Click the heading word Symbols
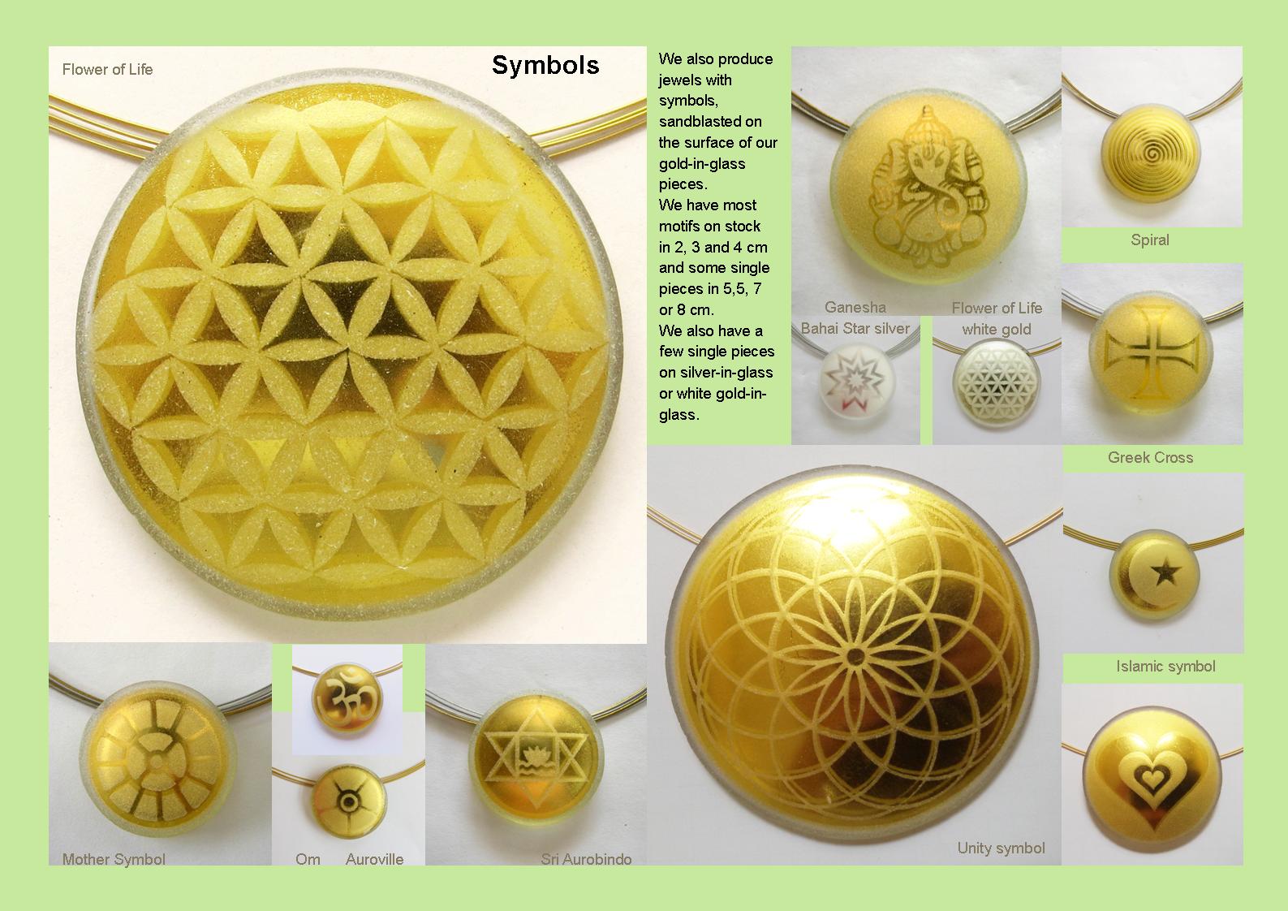point(545,65)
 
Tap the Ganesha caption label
point(855,307)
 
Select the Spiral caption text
point(1149,240)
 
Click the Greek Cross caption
point(1150,457)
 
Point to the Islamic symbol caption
point(1165,666)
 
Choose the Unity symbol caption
point(1001,848)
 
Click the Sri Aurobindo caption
point(586,859)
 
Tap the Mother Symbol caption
point(114,859)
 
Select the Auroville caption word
point(374,859)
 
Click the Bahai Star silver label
point(855,328)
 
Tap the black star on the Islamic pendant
point(1166,573)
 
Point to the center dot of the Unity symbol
point(855,656)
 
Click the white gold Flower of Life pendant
point(997,384)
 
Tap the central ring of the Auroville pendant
point(348,801)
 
